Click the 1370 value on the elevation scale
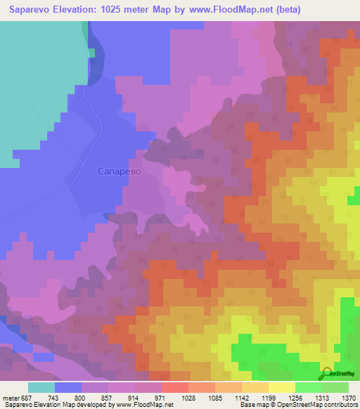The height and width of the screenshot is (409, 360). (x=348, y=398)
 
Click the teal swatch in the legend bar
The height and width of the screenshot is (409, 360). (x=41, y=387)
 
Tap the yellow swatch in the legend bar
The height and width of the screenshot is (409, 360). (x=282, y=387)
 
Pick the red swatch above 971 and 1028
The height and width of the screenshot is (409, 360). (x=175, y=387)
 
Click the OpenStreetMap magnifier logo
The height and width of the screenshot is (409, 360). (x=326, y=374)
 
